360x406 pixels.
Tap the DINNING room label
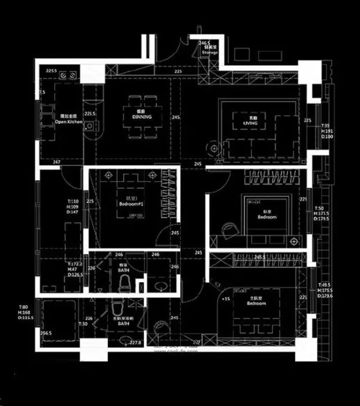[x=142, y=117]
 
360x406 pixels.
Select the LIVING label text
[x=250, y=122]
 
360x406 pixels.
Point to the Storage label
[x=210, y=53]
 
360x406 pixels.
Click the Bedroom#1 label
[x=132, y=203]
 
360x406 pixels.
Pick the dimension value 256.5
[x=46, y=333]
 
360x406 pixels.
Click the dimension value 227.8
[x=136, y=342]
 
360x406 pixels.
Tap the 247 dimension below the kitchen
[x=57, y=162]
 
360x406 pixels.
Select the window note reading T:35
[x=326, y=126]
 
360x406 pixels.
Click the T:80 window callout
[x=24, y=307]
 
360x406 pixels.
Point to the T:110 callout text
[x=73, y=201]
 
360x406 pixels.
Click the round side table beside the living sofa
[x=214, y=149]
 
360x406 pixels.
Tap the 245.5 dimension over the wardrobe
[x=259, y=256]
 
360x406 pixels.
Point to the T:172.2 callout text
[x=74, y=264]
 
